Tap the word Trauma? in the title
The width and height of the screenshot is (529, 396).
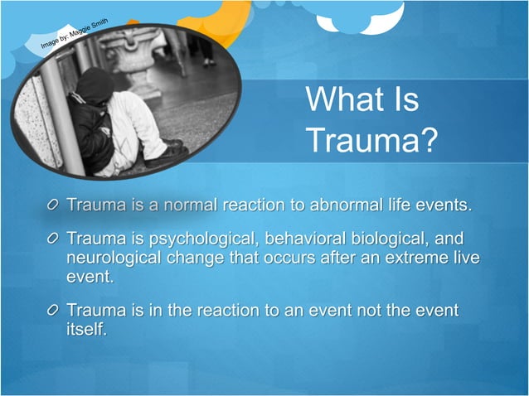tap(370, 140)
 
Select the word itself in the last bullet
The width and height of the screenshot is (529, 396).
tap(86, 329)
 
